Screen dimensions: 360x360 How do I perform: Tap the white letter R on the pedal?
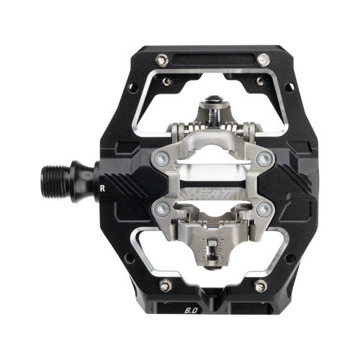pos(104,191)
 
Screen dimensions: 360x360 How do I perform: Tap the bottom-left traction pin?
pos(165,286)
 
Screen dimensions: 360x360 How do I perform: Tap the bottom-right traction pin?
pos(261,286)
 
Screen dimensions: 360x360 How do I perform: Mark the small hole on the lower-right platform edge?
pos(289,256)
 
